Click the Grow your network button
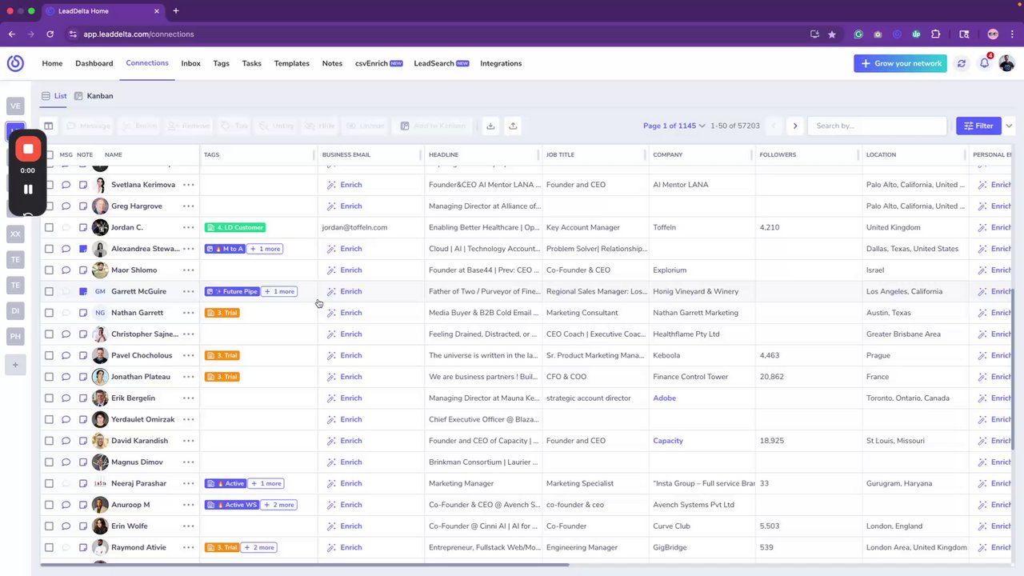[900, 63]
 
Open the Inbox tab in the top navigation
[190, 63]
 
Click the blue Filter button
[978, 126]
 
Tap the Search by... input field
[876, 126]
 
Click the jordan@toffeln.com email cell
[354, 227]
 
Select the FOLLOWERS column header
[778, 154]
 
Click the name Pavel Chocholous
[142, 355]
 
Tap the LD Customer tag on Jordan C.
[235, 227]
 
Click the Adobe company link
[664, 398]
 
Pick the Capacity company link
[668, 441]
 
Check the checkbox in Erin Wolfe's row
[49, 526]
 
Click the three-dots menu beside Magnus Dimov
[188, 462]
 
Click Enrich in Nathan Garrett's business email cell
[350, 313]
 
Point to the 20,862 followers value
[771, 377]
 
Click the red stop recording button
[28, 149]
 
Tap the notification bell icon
[984, 63]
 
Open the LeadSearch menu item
[441, 63]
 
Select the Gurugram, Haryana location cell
[898, 483]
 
